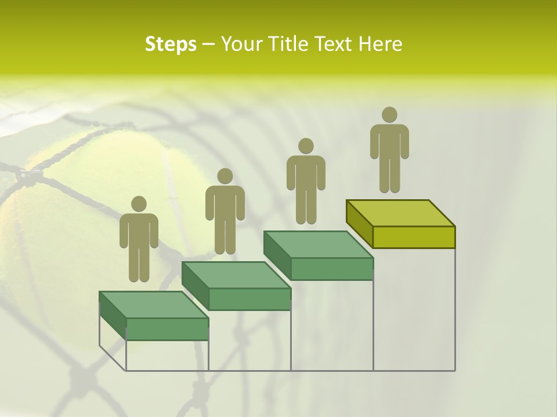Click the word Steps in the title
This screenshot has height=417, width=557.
pyautogui.click(x=171, y=45)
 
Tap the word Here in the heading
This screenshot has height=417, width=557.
pyautogui.click(x=380, y=44)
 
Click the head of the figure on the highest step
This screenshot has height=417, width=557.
pyautogui.click(x=389, y=115)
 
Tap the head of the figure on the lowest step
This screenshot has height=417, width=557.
pyautogui.click(x=139, y=204)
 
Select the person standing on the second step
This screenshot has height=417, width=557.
pyautogui.click(x=225, y=212)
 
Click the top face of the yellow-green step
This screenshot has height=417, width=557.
pyautogui.click(x=400, y=213)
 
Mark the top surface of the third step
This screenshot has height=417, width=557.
pyautogui.click(x=319, y=244)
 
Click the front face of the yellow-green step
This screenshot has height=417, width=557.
pyautogui.click(x=414, y=237)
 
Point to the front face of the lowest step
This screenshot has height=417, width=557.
pyautogui.click(x=167, y=329)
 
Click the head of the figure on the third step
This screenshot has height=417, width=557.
pyautogui.click(x=306, y=146)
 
